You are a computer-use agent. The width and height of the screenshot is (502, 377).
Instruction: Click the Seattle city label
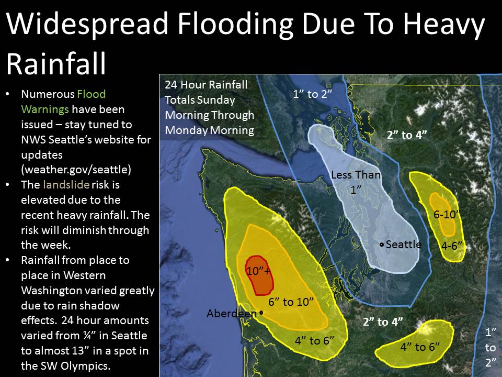(x=403, y=245)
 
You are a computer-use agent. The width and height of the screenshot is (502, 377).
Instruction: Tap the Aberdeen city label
(x=232, y=314)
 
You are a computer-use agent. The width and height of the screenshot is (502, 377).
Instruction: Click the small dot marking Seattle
(x=382, y=245)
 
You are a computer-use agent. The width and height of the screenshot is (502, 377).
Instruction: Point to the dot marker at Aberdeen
(x=260, y=313)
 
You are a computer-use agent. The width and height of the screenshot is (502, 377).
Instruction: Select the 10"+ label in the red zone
(x=259, y=271)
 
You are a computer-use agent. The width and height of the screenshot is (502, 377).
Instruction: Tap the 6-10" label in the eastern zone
(x=446, y=215)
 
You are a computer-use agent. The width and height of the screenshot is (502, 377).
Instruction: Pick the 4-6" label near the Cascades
(x=452, y=245)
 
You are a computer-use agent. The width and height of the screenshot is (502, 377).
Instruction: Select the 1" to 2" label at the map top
(x=312, y=94)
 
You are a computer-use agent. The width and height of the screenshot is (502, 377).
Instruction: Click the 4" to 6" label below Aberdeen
(x=314, y=341)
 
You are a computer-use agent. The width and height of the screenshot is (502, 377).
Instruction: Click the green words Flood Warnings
(x=63, y=102)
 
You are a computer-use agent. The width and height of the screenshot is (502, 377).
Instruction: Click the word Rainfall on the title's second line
(x=56, y=64)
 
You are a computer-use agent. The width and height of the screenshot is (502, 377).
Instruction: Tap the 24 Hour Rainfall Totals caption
(x=209, y=107)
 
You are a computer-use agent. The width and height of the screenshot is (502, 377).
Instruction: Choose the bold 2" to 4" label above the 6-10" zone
(x=407, y=135)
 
